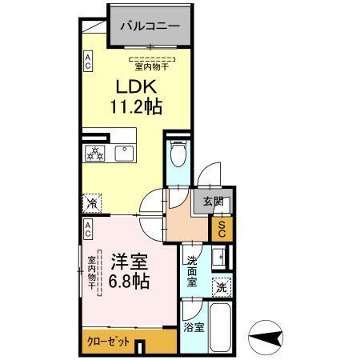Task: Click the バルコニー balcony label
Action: click(x=150, y=25)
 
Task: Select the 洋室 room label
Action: click(x=128, y=260)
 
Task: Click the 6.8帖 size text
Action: click(x=128, y=280)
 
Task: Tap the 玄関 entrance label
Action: click(x=212, y=201)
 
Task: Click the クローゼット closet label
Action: click(x=108, y=341)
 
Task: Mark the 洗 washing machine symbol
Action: click(x=220, y=286)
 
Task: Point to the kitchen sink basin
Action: click(x=124, y=153)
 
